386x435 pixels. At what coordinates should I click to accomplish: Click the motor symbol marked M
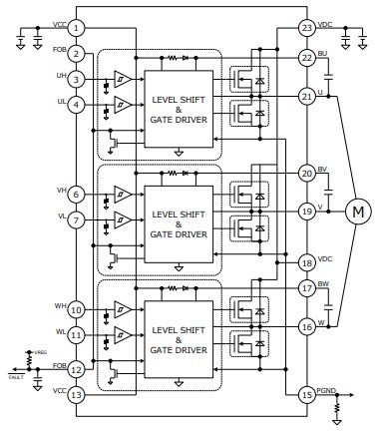pyautogui.click(x=356, y=211)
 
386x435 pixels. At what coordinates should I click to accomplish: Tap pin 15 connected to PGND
pyautogui.click(x=306, y=394)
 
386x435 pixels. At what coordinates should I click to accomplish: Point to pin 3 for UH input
pyautogui.click(x=77, y=79)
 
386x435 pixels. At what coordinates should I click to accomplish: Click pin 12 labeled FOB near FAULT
pyautogui.click(x=77, y=370)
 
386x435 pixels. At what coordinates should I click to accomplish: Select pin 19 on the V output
pyautogui.click(x=306, y=211)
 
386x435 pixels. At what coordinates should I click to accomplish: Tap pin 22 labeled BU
pyautogui.click(x=306, y=59)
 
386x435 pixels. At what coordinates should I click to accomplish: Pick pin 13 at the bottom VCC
pyautogui.click(x=77, y=395)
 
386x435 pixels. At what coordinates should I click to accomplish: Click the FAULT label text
pyautogui.click(x=15, y=377)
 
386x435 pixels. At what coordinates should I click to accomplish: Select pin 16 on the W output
pyautogui.click(x=306, y=325)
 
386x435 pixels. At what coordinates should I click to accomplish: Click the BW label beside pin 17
pyautogui.click(x=321, y=282)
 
